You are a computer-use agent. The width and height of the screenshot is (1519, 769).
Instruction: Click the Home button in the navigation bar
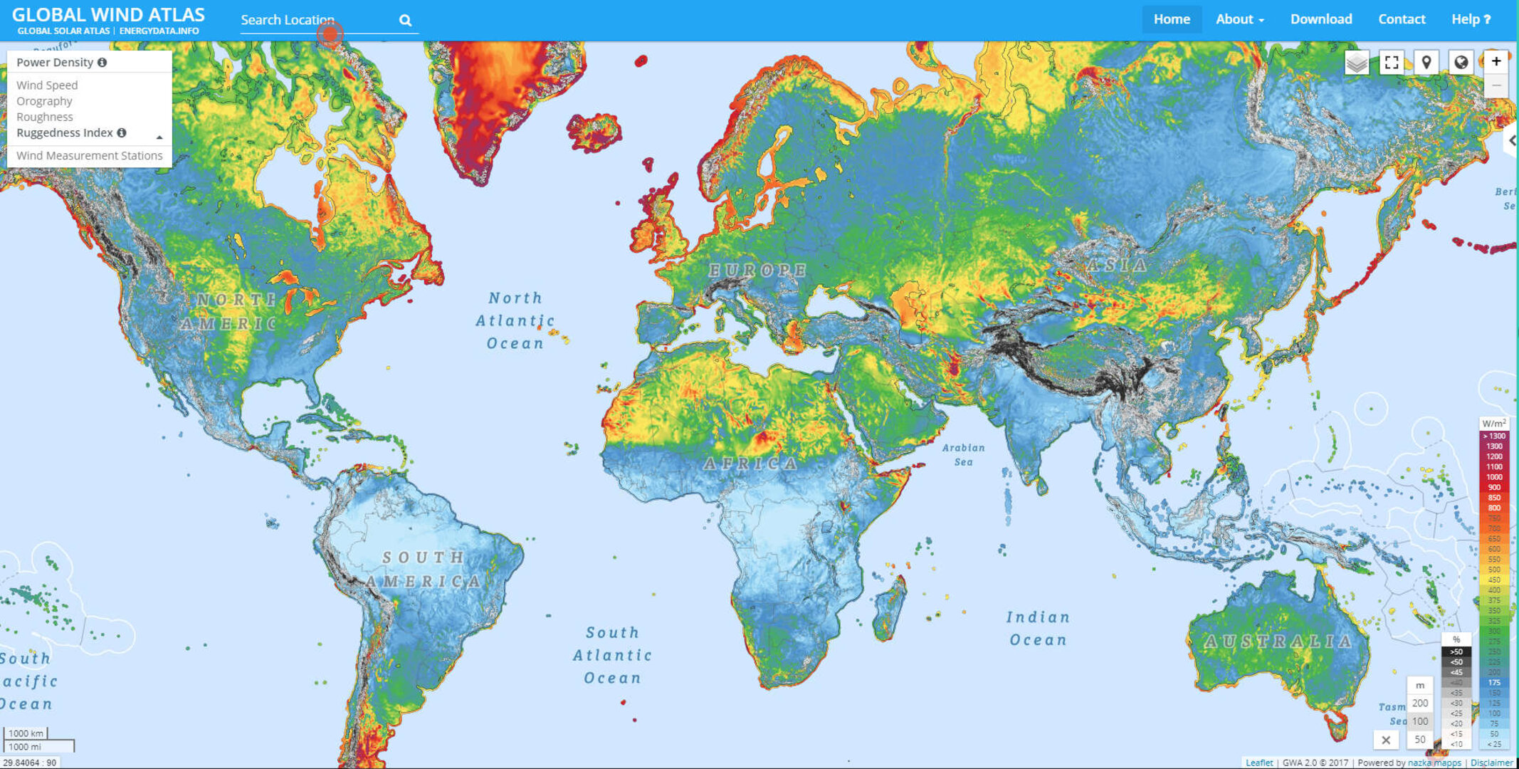click(1172, 19)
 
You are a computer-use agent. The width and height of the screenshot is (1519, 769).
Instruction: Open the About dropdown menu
click(1239, 19)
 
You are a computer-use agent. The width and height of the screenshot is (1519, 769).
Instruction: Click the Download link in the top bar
click(1321, 19)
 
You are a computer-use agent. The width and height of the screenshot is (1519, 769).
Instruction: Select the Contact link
click(1402, 19)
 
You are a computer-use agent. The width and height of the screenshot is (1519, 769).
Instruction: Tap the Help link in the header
click(1471, 19)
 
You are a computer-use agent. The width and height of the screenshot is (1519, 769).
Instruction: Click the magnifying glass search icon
click(405, 21)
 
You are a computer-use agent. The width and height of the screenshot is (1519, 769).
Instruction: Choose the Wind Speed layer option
click(47, 85)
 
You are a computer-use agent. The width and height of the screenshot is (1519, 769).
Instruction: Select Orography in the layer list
click(44, 101)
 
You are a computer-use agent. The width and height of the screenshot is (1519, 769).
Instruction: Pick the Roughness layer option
click(44, 117)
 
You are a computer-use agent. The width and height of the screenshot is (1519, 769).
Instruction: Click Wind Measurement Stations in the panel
click(89, 155)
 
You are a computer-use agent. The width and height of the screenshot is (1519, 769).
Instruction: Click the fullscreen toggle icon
click(1392, 63)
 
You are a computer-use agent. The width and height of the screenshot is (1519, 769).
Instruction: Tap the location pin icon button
click(1426, 63)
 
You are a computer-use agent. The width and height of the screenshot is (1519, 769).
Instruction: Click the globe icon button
click(1461, 63)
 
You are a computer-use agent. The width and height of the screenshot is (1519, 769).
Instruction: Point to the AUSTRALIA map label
click(1278, 642)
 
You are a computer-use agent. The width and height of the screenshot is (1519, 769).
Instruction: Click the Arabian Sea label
click(963, 454)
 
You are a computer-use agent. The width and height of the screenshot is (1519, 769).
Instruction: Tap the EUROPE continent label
click(757, 271)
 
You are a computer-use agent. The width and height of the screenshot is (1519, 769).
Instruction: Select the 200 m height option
click(1420, 703)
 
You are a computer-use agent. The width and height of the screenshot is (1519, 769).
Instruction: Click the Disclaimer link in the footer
click(1491, 763)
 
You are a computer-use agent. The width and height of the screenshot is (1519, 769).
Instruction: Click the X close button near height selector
click(1386, 740)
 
